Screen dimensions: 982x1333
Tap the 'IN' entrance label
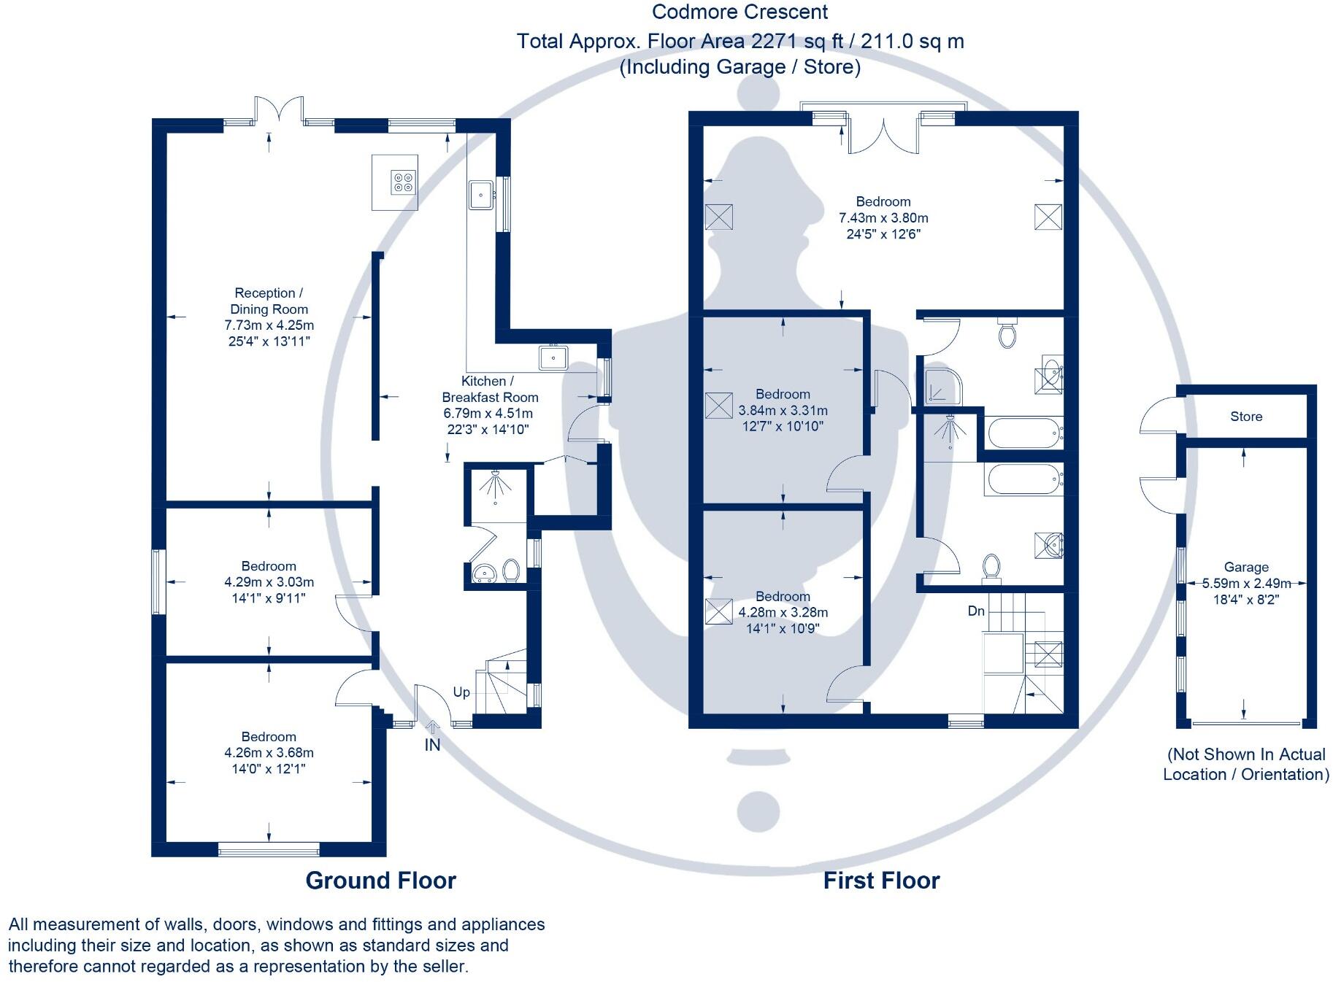coord(432,745)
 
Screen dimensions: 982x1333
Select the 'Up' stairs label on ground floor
coord(461,692)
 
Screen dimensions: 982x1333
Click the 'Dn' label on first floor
coord(976,611)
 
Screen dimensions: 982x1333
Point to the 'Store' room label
coord(1245,417)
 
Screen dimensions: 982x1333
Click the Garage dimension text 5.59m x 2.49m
coord(1245,583)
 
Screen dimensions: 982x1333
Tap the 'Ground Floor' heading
coord(380,880)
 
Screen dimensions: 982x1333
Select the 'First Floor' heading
coord(881,880)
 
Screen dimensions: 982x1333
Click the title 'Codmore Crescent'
coord(740,12)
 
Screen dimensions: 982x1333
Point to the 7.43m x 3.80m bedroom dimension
coord(883,217)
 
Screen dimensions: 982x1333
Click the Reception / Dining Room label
coord(269,301)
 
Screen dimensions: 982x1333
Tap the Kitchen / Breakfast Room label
coord(489,389)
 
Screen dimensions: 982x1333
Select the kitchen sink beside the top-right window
coord(481,194)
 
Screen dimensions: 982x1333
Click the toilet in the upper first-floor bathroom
coord(1007,334)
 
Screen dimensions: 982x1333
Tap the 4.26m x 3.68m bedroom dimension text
coord(269,752)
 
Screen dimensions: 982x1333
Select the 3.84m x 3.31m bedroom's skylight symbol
coord(718,405)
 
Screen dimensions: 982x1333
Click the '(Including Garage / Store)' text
coord(740,67)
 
